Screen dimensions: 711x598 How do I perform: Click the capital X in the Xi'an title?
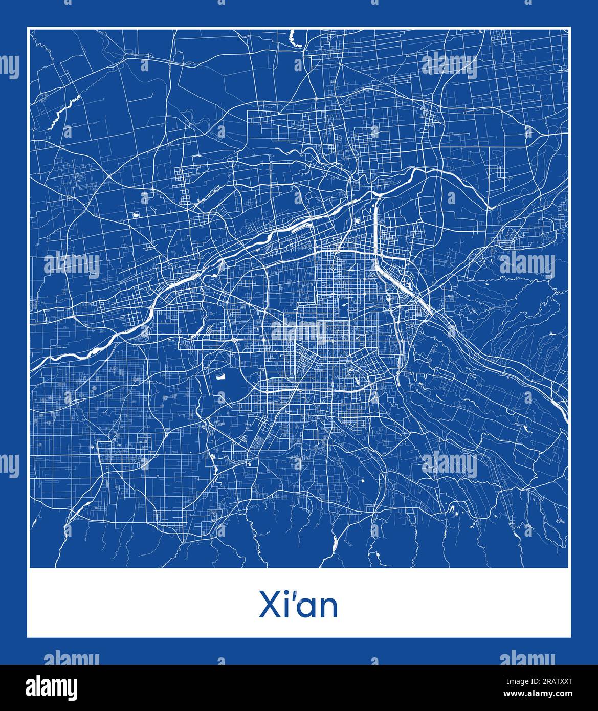(x=270, y=606)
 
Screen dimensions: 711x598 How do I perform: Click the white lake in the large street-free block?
(x=222, y=377)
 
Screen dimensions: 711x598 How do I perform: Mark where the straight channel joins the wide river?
(x=376, y=195)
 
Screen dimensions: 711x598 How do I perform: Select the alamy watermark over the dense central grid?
(x=299, y=330)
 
